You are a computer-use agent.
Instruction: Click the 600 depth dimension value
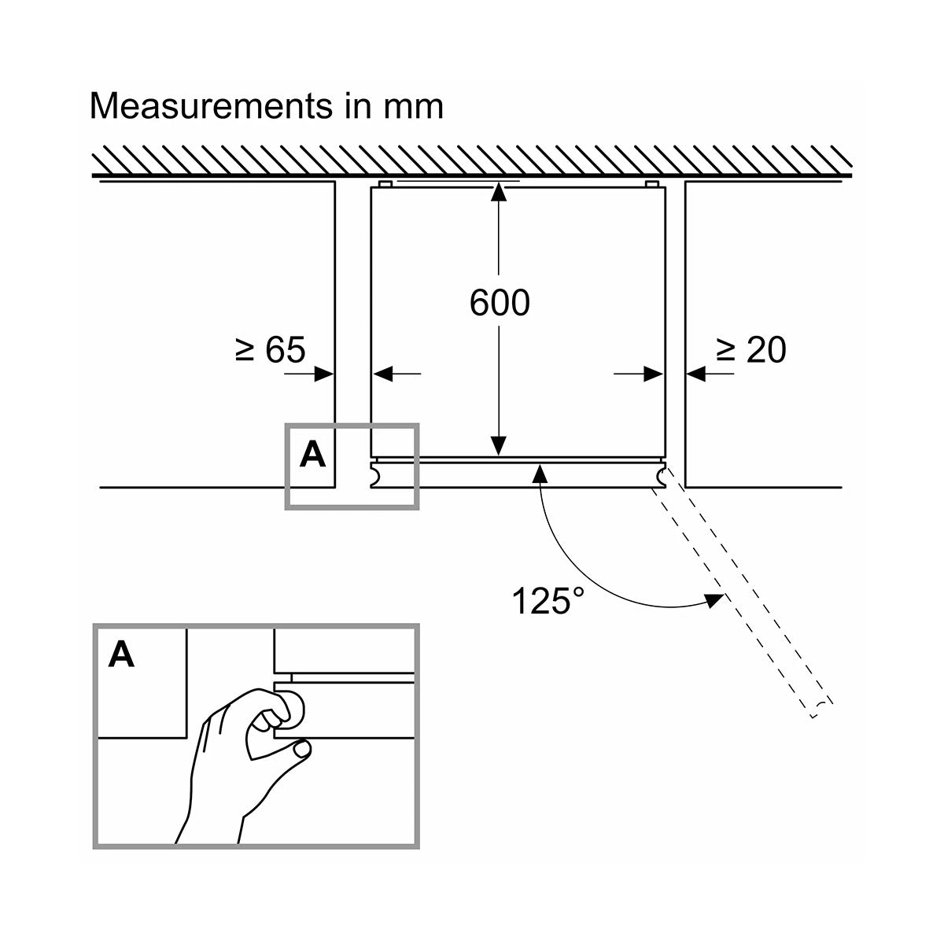click(500, 302)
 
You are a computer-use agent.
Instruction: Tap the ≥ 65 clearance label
click(270, 349)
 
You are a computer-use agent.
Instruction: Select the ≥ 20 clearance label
click(751, 350)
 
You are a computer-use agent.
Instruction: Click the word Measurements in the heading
click(211, 106)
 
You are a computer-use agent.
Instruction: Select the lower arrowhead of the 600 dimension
click(499, 445)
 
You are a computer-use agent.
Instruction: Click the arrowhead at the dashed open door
click(715, 600)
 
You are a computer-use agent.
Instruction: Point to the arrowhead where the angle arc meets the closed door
click(540, 473)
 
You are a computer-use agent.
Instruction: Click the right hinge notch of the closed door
click(662, 475)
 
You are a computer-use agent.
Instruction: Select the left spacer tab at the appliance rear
click(385, 184)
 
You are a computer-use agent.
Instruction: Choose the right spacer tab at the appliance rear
click(652, 184)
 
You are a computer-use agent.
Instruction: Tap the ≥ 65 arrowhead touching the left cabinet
click(323, 374)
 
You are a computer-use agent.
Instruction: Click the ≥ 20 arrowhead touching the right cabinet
click(695, 374)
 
